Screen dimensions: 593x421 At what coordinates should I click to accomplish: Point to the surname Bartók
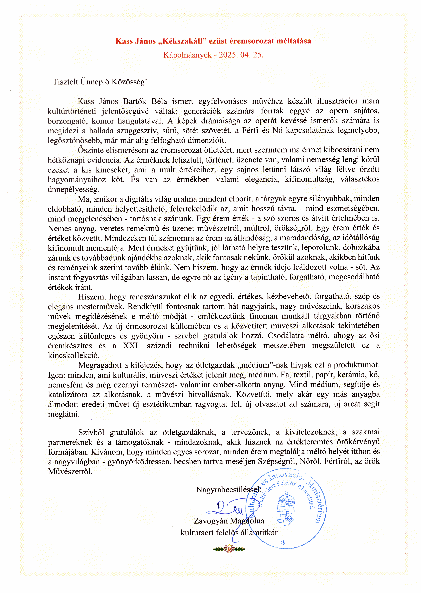point(135,101)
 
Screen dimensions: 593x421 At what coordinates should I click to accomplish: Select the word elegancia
point(262,179)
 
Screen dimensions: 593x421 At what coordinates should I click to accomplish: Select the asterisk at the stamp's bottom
point(283,543)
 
